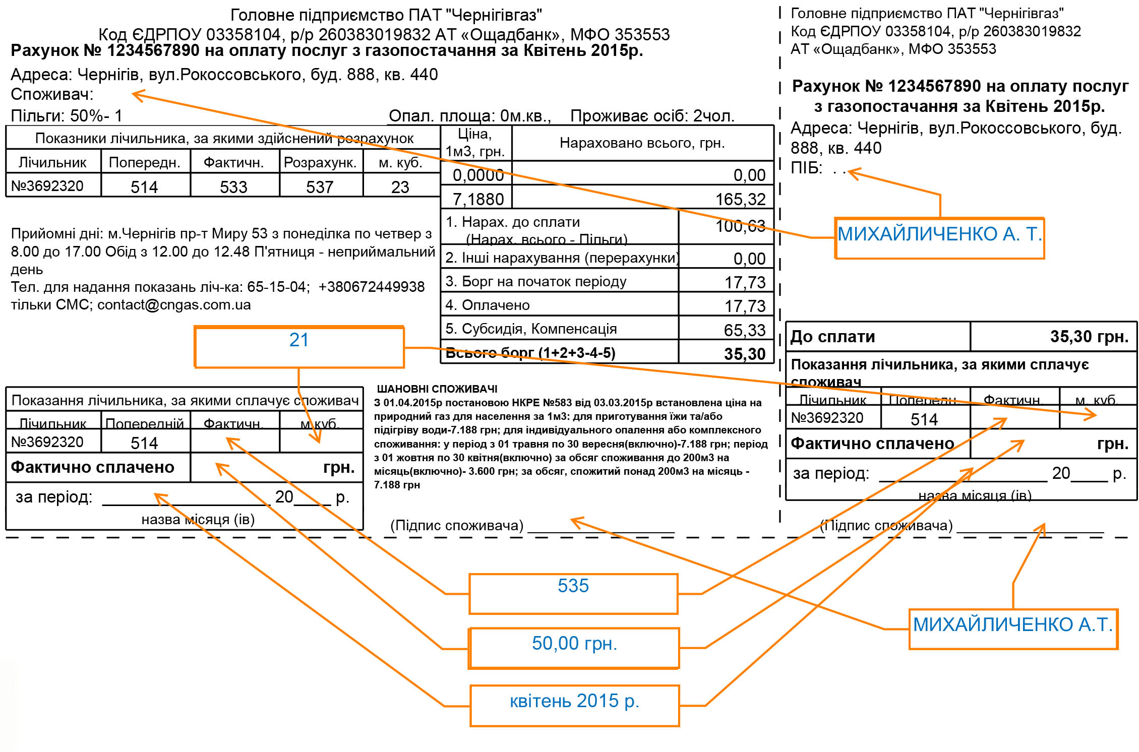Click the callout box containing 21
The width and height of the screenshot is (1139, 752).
point(299,347)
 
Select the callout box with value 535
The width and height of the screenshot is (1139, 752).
point(573,593)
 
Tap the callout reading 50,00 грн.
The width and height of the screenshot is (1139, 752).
point(574,648)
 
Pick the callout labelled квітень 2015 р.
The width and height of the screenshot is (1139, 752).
point(574,705)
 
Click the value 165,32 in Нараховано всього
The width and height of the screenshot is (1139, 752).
point(740,199)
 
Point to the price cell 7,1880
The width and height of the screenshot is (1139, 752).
point(478,199)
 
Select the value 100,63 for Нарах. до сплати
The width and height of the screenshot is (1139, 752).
point(740,226)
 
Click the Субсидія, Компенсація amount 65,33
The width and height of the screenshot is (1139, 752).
point(744,330)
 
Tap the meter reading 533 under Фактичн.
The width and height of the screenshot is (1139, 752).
point(233,187)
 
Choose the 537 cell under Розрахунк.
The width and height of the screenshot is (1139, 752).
point(320,187)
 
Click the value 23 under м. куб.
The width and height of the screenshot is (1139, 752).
point(400,187)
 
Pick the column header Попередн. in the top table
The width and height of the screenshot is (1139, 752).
point(145,162)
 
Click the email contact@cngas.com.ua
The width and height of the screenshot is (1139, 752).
point(174,304)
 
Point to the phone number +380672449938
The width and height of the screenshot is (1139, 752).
point(371,287)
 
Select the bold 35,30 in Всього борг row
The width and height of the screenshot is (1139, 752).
point(744,354)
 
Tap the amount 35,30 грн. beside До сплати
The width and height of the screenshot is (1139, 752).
point(1089,336)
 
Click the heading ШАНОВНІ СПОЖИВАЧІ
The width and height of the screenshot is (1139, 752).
point(437,389)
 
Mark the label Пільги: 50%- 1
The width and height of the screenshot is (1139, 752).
point(67,115)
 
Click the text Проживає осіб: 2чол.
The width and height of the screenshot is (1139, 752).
point(652,116)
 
